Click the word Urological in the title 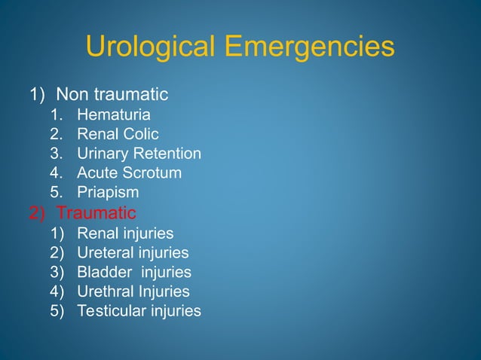[x=151, y=47]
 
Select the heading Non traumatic [x=112, y=95]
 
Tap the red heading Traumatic [x=97, y=212]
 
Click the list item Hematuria [x=114, y=115]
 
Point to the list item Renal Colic [x=118, y=135]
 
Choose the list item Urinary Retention [x=139, y=154]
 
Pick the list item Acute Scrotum [x=130, y=173]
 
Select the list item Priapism [x=108, y=193]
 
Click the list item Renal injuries [x=125, y=233]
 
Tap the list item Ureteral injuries [x=133, y=252]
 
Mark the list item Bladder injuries [x=134, y=272]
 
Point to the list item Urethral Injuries [x=133, y=291]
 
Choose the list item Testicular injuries [x=139, y=310]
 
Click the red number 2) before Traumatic [x=38, y=212]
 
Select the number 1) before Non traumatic [x=38, y=95]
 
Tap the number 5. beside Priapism [x=57, y=193]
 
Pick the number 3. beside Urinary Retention [x=57, y=154]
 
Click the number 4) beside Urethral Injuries [x=58, y=291]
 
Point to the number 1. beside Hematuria [x=57, y=115]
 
